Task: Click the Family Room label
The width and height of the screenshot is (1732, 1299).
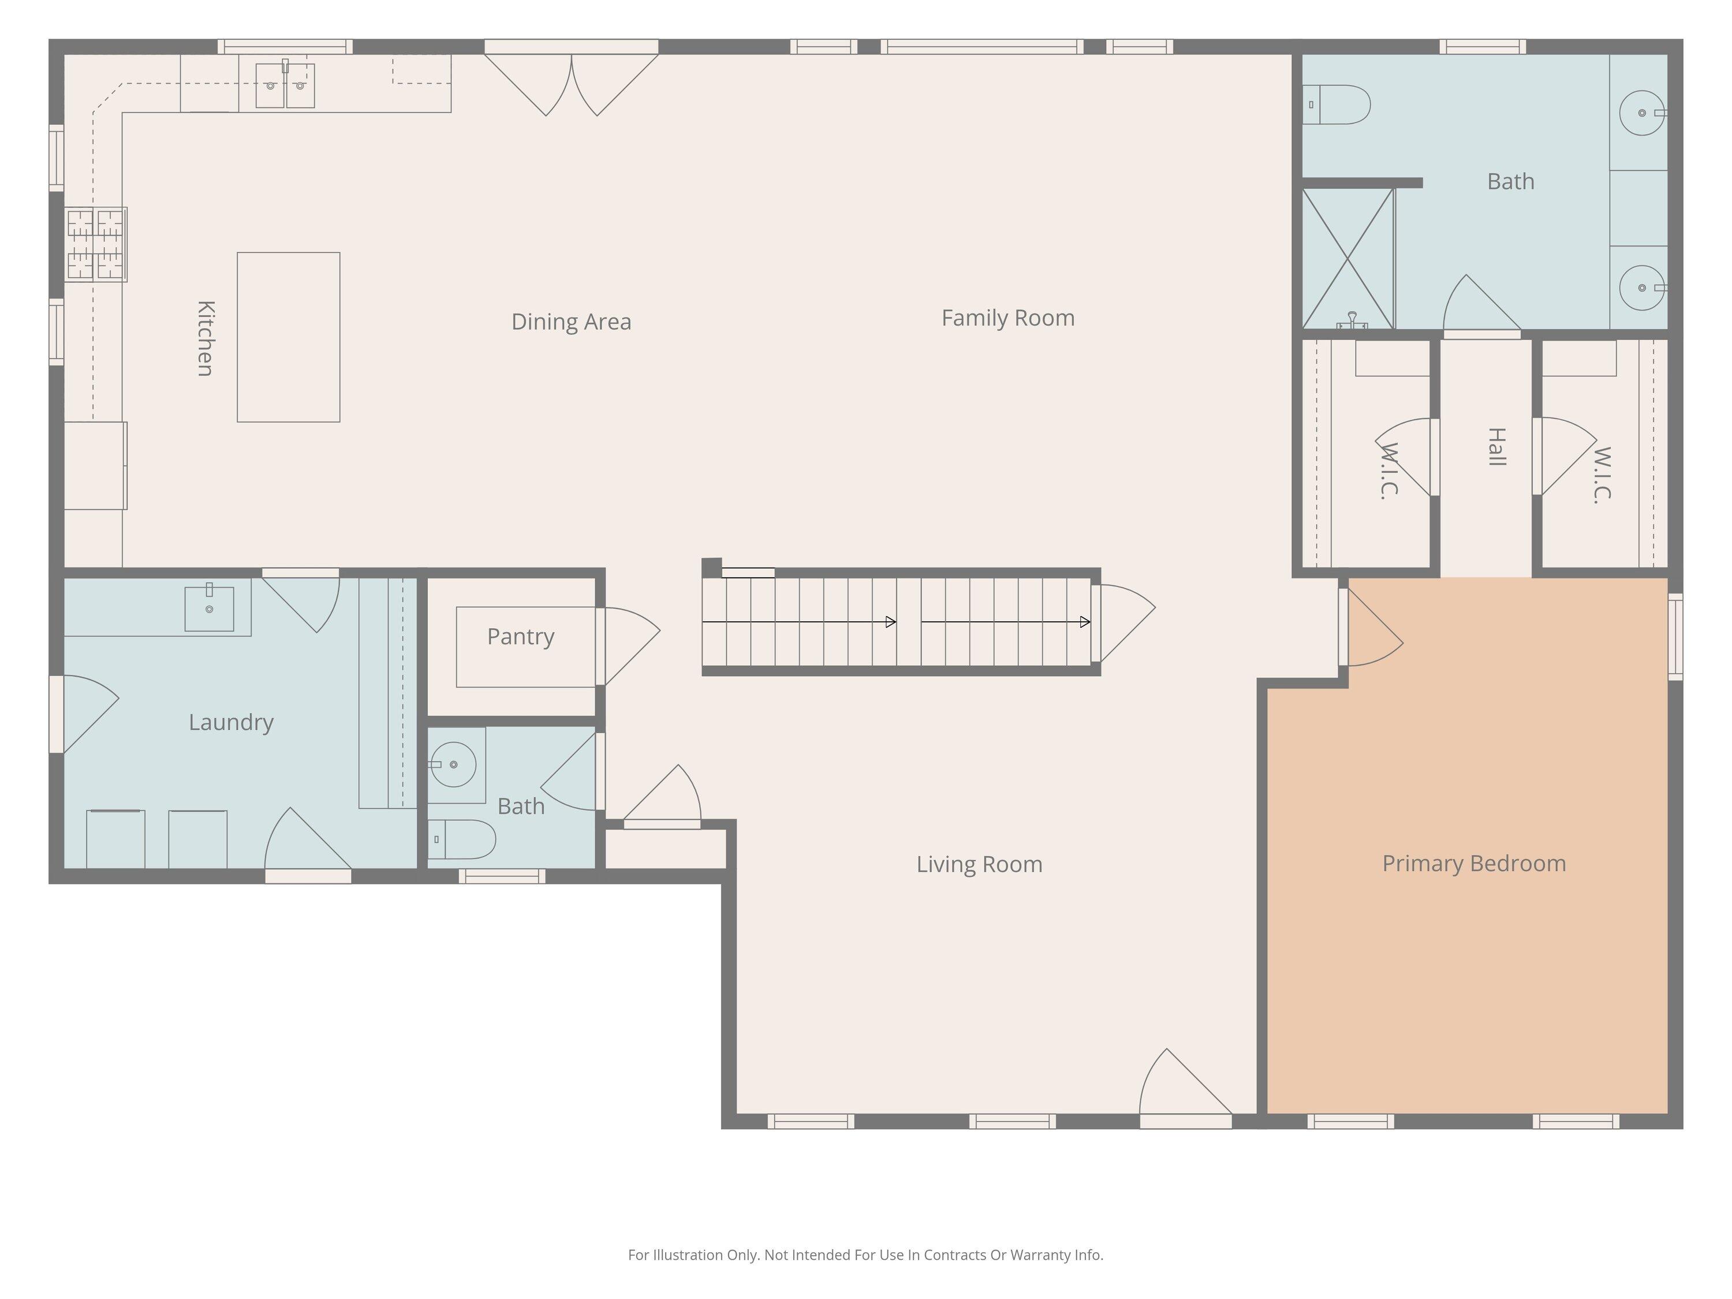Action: (x=1007, y=318)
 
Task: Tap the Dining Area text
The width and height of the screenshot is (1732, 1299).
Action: (x=571, y=322)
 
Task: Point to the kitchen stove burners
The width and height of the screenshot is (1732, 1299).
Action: (x=95, y=244)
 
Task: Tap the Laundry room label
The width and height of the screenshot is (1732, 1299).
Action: (x=231, y=722)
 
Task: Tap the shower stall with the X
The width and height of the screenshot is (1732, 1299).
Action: (x=1348, y=259)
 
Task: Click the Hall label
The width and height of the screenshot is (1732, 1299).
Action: (x=1496, y=447)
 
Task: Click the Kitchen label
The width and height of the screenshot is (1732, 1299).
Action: (x=205, y=338)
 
